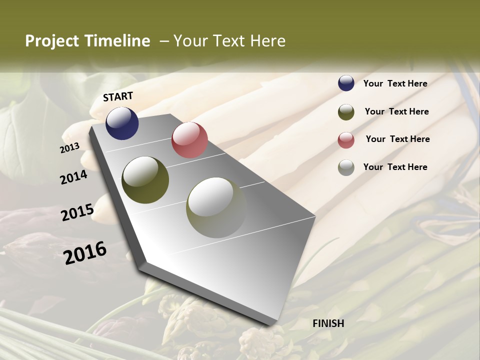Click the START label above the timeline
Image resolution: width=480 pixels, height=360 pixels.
[x=118, y=96]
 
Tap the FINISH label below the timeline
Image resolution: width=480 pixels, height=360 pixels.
[x=328, y=323]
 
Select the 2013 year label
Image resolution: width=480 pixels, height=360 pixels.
[x=69, y=148]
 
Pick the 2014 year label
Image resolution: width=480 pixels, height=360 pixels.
[x=74, y=177]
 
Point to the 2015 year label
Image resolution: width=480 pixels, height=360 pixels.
[x=77, y=212]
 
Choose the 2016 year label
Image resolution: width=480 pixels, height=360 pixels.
[x=85, y=252]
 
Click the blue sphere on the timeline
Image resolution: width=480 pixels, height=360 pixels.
[x=122, y=123]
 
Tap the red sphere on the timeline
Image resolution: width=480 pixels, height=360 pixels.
[x=189, y=140]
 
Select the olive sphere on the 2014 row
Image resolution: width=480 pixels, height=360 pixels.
[x=145, y=180]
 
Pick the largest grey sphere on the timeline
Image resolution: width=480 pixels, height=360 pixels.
[x=216, y=207]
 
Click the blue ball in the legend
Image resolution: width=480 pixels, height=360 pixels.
[x=346, y=83]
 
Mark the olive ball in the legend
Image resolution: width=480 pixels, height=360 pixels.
[x=346, y=112]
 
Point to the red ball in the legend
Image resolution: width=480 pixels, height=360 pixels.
[x=346, y=140]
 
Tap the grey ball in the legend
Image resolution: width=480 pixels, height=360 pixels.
[x=346, y=167]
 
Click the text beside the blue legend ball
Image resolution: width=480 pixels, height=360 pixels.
[x=395, y=83]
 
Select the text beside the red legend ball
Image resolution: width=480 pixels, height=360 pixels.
[x=397, y=139]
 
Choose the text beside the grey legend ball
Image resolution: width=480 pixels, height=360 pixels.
[x=395, y=167]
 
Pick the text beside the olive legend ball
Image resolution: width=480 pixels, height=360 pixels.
[x=396, y=111]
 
